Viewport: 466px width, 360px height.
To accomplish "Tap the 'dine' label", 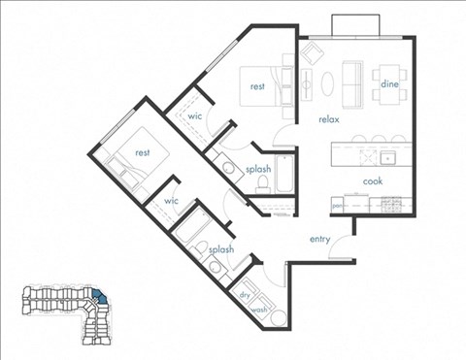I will (390, 84).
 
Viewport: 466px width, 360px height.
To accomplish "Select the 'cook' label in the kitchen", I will (373, 181).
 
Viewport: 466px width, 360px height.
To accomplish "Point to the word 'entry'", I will (321, 239).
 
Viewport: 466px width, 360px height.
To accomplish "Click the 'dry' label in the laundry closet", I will (244, 295).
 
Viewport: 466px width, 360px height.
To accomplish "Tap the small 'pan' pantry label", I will (337, 206).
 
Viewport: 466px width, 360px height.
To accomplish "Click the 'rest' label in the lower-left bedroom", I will (142, 153).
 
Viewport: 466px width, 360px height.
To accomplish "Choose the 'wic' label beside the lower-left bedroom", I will (172, 201).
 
